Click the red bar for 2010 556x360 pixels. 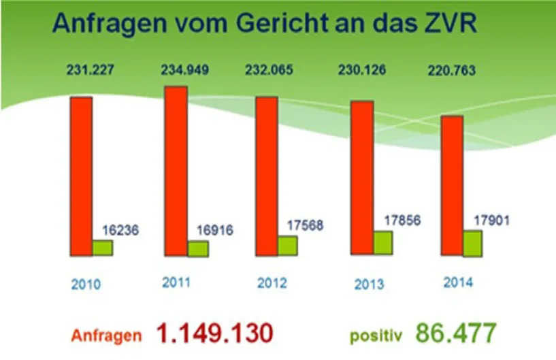point(82,176)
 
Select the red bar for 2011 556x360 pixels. point(176,171)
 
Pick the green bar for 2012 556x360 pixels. point(288,245)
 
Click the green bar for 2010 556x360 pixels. point(102,248)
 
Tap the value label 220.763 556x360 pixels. point(451,69)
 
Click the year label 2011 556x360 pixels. point(176,282)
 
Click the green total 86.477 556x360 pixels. point(456,333)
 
